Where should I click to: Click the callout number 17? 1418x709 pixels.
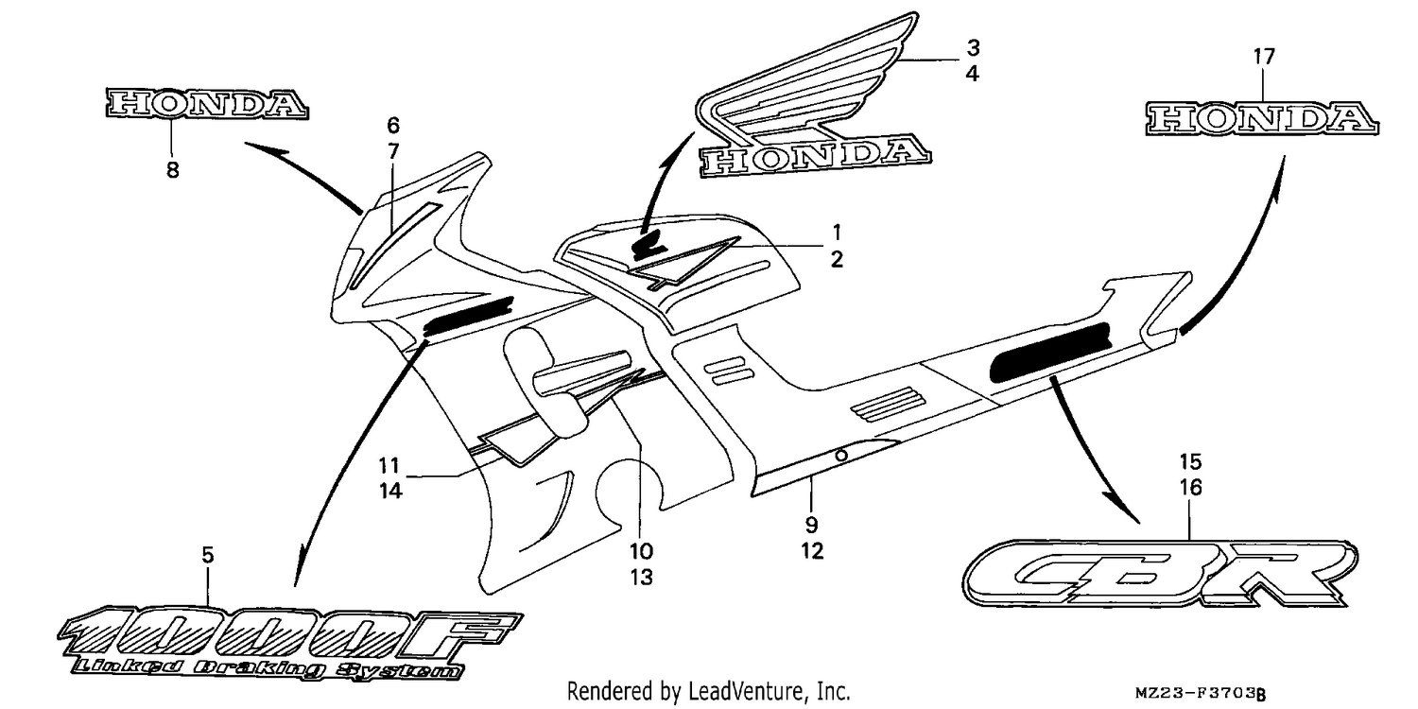tap(1264, 57)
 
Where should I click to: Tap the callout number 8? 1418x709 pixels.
tap(172, 169)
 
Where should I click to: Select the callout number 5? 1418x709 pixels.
tap(208, 555)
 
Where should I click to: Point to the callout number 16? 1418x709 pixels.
tap(1190, 488)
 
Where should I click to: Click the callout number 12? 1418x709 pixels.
tap(812, 551)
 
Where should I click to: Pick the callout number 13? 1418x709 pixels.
tap(641, 577)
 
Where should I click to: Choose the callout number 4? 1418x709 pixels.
tap(973, 74)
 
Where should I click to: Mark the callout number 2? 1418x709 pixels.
tap(837, 259)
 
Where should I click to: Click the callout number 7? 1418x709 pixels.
tap(393, 151)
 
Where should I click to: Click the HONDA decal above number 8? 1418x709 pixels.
tap(207, 104)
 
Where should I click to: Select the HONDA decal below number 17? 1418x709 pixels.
tap(1262, 119)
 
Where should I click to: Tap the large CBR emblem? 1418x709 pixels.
tap(1160, 575)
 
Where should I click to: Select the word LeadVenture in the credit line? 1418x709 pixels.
tap(745, 691)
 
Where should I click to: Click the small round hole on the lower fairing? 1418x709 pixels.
tap(841, 455)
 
